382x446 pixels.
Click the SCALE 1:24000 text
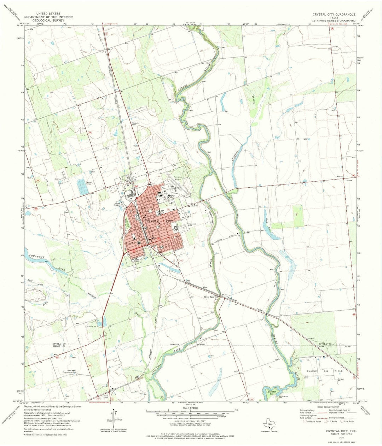point(190,408)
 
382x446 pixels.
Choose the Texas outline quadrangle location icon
point(268,422)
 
